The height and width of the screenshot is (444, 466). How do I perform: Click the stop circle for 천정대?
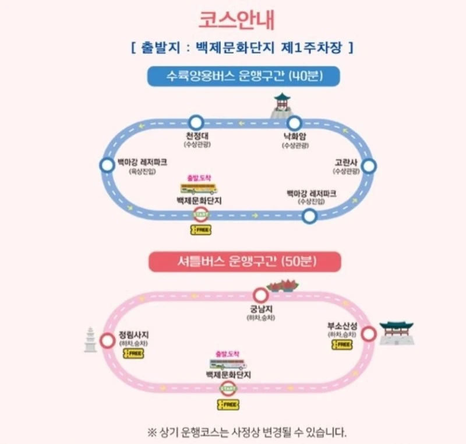(196, 123)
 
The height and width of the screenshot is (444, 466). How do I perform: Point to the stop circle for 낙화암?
(294, 123)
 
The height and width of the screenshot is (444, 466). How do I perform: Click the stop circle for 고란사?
(369, 167)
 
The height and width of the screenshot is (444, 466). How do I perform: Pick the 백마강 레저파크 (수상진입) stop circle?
(309, 217)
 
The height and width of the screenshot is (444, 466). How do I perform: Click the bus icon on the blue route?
(199, 188)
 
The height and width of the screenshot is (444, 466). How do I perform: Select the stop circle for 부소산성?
(368, 334)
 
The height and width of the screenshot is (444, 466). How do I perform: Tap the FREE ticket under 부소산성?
(342, 344)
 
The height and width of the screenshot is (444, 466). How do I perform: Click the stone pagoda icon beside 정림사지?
(90, 339)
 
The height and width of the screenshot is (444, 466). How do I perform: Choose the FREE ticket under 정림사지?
(133, 353)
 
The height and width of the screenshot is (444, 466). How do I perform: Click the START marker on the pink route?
(228, 389)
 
